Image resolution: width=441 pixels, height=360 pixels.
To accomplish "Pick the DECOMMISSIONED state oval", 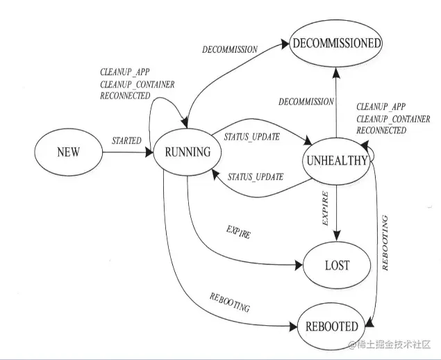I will (336, 43).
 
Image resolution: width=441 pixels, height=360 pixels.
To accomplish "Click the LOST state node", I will (337, 265).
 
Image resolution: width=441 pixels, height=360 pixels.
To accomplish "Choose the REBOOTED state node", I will (331, 326).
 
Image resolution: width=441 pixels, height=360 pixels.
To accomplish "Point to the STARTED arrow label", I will (126, 140).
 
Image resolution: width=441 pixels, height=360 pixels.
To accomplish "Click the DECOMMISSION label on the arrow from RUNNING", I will (229, 50).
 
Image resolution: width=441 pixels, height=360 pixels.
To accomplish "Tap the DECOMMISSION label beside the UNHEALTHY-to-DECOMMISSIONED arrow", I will (306, 101).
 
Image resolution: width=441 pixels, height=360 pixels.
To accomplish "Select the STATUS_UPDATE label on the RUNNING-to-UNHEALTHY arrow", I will (252, 136).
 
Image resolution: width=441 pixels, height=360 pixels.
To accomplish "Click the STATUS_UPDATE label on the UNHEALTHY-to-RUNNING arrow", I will (256, 177).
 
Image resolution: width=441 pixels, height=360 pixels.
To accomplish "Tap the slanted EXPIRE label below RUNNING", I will (238, 232).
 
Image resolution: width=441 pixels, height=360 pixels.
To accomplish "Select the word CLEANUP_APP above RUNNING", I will (126, 72).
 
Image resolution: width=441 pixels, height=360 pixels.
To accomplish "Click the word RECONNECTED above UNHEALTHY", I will (381, 130).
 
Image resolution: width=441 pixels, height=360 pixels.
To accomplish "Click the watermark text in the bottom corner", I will (390, 345).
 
